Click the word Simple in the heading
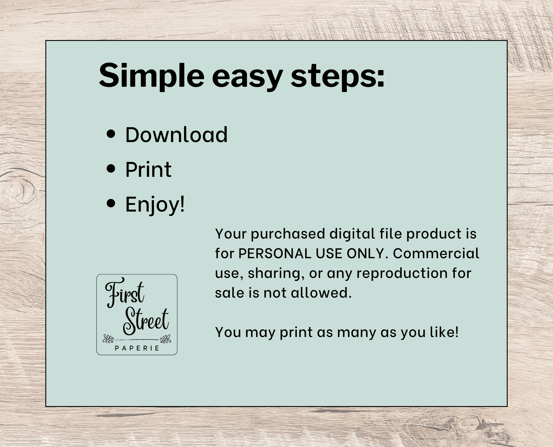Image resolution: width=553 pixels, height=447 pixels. [152, 76]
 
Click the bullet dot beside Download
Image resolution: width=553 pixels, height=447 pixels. [111, 134]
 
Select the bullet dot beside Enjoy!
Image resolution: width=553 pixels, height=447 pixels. [111, 203]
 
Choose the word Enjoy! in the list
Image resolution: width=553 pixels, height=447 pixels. [155, 205]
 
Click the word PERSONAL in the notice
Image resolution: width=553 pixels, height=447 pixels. [275, 253]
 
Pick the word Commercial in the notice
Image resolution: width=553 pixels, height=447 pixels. [436, 253]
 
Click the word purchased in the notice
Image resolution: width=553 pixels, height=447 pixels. [288, 234]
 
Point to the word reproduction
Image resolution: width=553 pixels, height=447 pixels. [402, 274]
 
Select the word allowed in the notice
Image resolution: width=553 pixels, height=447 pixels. [321, 293]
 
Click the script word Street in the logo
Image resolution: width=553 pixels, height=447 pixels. [146, 322]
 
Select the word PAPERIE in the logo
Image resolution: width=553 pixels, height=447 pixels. [137, 348]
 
